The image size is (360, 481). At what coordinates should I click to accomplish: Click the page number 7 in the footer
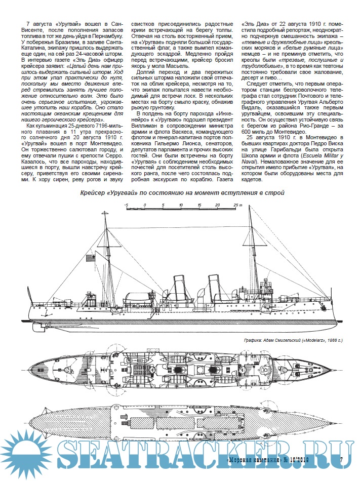click(342, 460)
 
